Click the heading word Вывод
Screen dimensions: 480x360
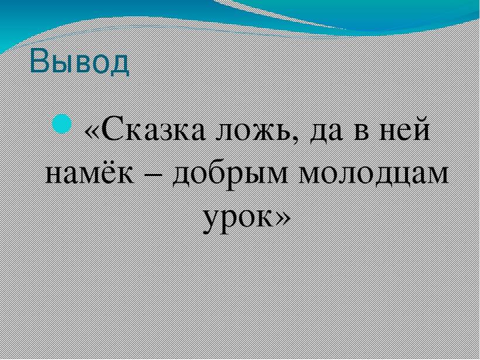pos(80,62)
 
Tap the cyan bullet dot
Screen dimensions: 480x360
pos(62,124)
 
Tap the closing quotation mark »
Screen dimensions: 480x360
pos(282,218)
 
